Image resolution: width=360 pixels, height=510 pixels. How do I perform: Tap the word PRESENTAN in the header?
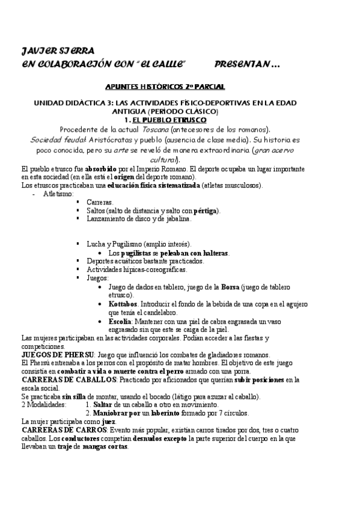coord(242,63)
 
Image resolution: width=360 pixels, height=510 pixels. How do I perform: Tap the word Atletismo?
coord(58,194)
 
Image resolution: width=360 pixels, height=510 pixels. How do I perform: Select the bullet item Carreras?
coord(100,203)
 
